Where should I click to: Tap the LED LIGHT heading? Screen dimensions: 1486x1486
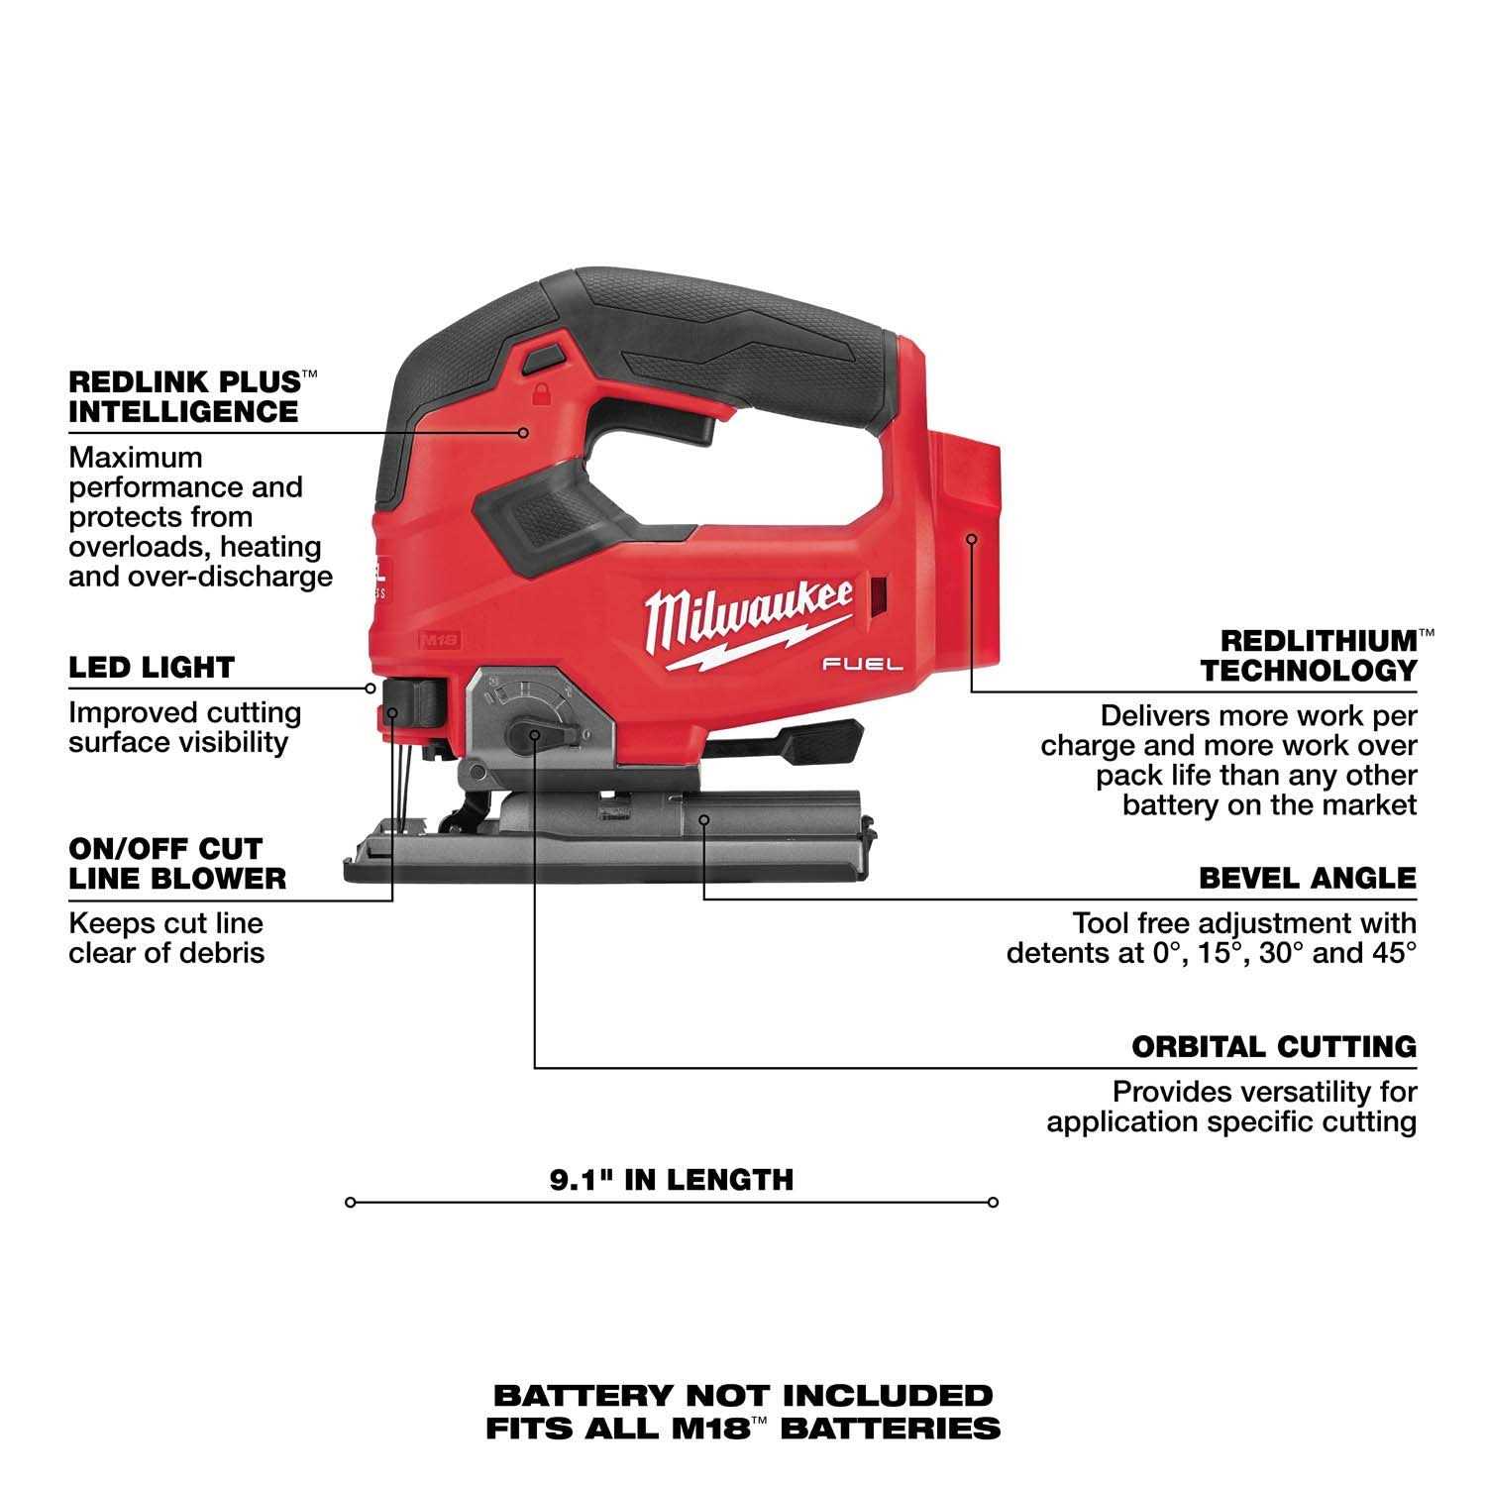[x=152, y=668]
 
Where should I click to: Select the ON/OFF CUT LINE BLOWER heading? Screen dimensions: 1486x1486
[x=177, y=863]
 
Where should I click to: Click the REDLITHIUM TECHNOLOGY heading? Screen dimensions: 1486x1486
[x=1308, y=655]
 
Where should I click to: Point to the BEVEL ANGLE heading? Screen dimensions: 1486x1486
[x=1307, y=878]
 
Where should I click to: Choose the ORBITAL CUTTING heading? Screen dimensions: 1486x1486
[x=1273, y=1046]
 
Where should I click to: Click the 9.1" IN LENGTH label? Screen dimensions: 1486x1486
[x=672, y=1179]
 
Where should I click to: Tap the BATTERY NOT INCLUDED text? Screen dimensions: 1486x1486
[x=743, y=1396]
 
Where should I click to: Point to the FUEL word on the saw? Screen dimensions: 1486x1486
[x=862, y=665]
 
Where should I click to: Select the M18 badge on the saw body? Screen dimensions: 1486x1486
[x=440, y=640]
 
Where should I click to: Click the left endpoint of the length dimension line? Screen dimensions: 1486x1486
[x=350, y=1203]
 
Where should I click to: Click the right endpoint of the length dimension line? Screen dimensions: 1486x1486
[x=994, y=1203]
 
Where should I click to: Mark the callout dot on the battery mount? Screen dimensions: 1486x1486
[x=972, y=539]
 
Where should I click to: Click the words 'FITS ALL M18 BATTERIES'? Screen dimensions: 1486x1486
[x=743, y=1428]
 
